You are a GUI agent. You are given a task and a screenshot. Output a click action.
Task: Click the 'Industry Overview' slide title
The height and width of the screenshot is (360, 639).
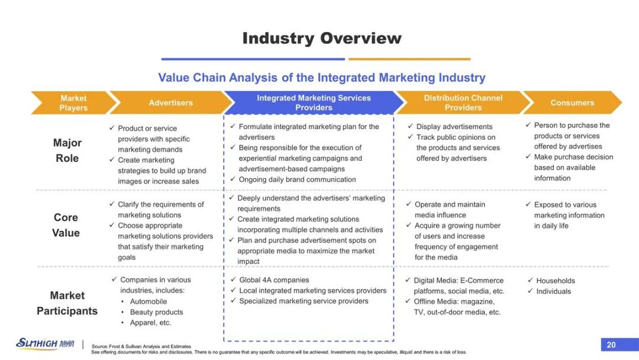pyautogui.click(x=322, y=38)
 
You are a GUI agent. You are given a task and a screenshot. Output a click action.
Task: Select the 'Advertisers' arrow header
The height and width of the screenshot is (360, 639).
pyautogui.click(x=171, y=103)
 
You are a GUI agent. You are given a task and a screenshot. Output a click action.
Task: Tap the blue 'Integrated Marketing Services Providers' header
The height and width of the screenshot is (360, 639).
pyautogui.click(x=314, y=103)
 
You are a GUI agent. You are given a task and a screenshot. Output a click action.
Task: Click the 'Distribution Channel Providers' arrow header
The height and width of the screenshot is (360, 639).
pyautogui.click(x=463, y=103)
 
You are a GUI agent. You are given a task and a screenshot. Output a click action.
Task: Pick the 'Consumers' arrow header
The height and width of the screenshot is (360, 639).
pyautogui.click(x=572, y=103)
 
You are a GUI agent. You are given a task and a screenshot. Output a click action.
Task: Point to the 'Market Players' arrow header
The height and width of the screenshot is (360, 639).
pyautogui.click(x=74, y=103)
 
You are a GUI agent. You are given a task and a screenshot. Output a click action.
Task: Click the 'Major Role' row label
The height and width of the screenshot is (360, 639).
pyautogui.click(x=67, y=150)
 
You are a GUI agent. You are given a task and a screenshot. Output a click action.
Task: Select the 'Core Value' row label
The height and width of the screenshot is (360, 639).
pyautogui.click(x=66, y=225)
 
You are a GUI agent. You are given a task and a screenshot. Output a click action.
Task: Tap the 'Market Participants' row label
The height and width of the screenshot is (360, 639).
pyautogui.click(x=67, y=303)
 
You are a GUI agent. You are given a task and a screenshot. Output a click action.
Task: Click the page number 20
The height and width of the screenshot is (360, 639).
pyautogui.click(x=611, y=345)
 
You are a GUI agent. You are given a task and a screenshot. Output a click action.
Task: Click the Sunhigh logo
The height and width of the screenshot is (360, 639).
pyautogui.click(x=45, y=343)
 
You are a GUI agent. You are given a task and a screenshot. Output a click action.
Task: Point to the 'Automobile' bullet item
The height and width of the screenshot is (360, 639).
pyautogui.click(x=149, y=301)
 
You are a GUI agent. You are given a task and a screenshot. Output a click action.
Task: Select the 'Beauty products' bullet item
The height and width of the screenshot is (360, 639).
pyautogui.click(x=156, y=312)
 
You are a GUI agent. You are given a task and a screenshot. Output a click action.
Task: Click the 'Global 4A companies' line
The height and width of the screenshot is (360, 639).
pyautogui.click(x=274, y=280)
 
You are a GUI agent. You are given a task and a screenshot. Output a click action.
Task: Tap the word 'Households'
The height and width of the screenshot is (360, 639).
pyautogui.click(x=556, y=281)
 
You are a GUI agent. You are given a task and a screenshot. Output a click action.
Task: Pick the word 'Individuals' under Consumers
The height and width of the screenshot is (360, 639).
pyautogui.click(x=553, y=291)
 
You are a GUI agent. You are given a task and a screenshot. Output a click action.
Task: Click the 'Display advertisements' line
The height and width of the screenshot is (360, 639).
pyautogui.click(x=454, y=126)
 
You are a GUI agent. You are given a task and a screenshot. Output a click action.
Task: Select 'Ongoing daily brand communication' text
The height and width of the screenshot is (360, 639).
pyautogui.click(x=297, y=179)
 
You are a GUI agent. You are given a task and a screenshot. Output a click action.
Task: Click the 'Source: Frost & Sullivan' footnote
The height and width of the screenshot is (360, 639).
pyautogui.click(x=141, y=346)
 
